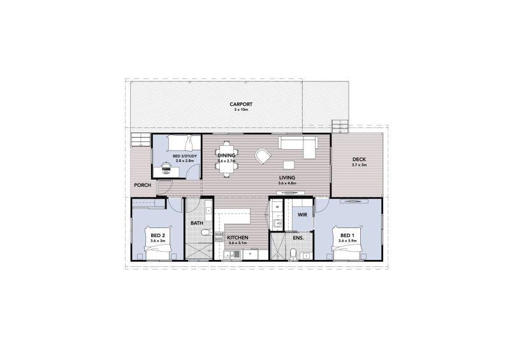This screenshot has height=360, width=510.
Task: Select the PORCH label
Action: coord(142,185)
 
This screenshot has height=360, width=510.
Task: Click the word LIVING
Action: coord(287,177)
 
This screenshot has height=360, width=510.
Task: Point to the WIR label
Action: coord(302,215)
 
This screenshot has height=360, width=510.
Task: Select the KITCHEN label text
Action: coord(237,238)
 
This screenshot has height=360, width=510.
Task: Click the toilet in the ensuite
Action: coord(293,254)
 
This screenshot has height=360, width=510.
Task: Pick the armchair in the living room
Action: coord(263,155)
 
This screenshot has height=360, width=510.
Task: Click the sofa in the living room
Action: coord(297,146)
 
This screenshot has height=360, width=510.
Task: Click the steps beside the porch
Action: coord(139,139)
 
